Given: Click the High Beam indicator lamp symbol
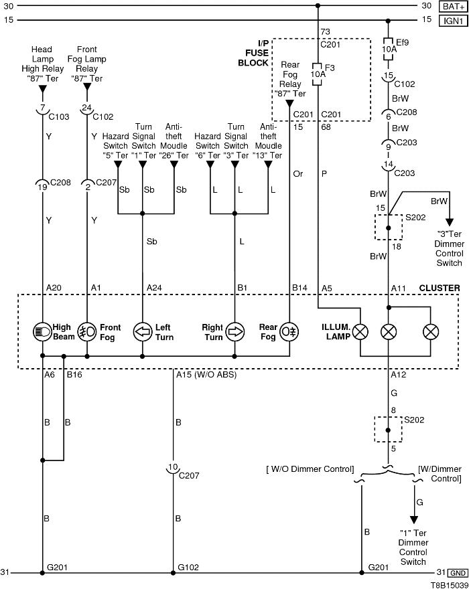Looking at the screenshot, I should pos(42,331).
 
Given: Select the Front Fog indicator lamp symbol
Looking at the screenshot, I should pos(86,331).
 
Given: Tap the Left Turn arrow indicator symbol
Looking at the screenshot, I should pos(142,331).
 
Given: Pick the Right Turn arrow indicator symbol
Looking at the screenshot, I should pos(234,331).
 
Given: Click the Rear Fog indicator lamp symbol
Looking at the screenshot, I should pos(289,331).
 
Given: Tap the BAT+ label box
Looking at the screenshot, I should pos(453,6).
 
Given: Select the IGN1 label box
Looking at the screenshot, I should pos(453,21).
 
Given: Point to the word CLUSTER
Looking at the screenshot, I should pos(440,288).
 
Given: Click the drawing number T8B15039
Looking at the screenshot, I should pos(449,584).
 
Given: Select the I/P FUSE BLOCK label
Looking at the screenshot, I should pos(253,53).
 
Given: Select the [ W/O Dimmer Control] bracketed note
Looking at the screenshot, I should pos(309,469).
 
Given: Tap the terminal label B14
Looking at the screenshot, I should pos(299,288).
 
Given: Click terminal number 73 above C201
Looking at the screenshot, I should pos(326,31).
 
